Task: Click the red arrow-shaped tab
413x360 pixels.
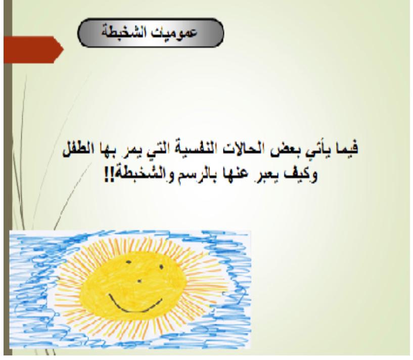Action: pyautogui.click(x=33, y=50)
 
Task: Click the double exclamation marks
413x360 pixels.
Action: pyautogui.click(x=108, y=175)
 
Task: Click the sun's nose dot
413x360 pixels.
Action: pyautogui.click(x=140, y=281)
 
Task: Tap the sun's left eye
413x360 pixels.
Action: pyautogui.click(x=128, y=262)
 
